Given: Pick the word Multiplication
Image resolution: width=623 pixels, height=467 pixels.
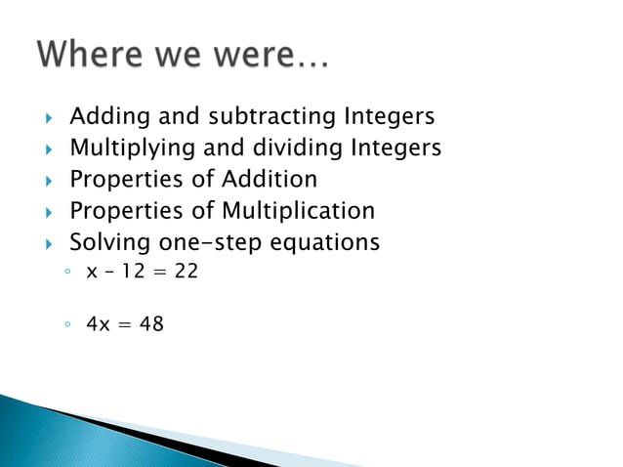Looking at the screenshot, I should (x=298, y=210).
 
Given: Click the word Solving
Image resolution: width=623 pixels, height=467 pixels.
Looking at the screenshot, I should (x=108, y=241).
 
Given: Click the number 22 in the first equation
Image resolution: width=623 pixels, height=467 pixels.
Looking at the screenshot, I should (x=186, y=271).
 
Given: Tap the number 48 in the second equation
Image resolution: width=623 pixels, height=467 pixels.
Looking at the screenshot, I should (x=151, y=323).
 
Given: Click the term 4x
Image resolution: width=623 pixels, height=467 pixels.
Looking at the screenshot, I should (x=99, y=323).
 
